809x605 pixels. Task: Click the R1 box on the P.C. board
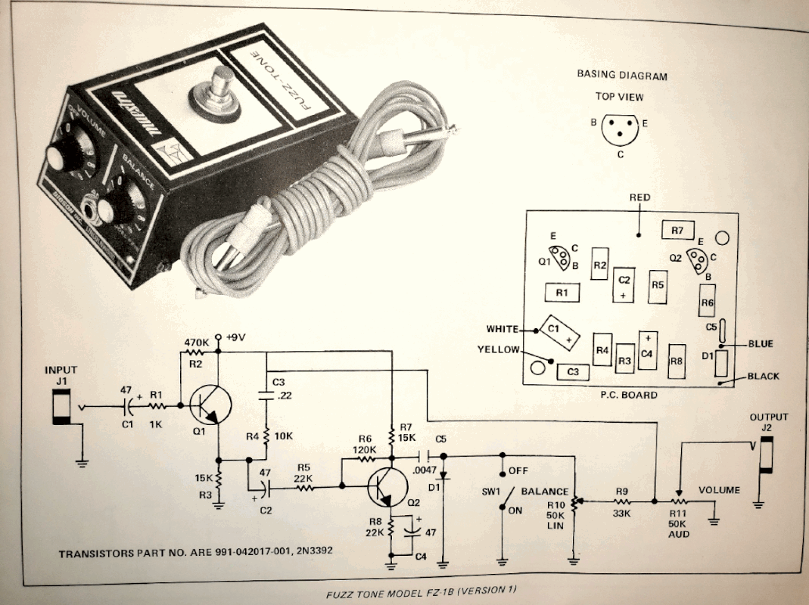pyautogui.click(x=562, y=291)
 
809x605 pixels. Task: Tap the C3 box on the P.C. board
pyautogui.click(x=573, y=371)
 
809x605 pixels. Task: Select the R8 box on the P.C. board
pyautogui.click(x=677, y=361)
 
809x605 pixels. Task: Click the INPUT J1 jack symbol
pyautogui.click(x=60, y=408)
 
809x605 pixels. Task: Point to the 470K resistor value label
pyautogui.click(x=196, y=342)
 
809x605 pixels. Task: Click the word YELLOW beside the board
pyautogui.click(x=499, y=349)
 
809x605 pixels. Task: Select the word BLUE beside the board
pyautogui.click(x=760, y=344)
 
